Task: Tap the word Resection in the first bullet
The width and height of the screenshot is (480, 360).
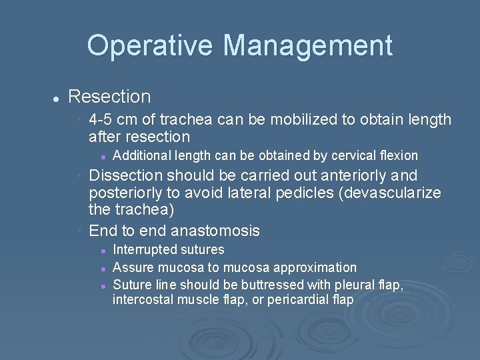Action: tap(109, 97)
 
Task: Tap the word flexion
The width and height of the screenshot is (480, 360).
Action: tap(396, 156)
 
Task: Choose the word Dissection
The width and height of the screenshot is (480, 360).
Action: tap(125, 176)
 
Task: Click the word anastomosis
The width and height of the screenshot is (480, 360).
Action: tap(215, 231)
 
